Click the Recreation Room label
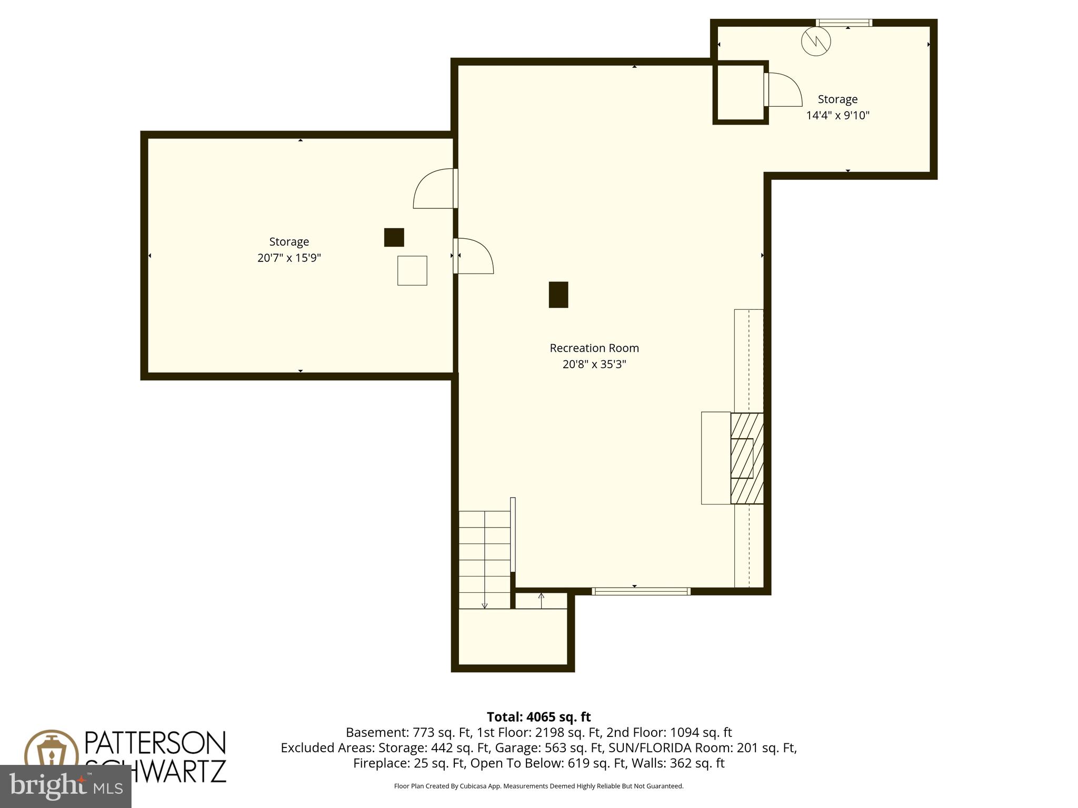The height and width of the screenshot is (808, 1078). tap(594, 348)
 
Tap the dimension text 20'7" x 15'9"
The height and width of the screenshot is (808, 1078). tap(289, 258)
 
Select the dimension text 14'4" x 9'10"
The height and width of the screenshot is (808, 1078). tap(837, 115)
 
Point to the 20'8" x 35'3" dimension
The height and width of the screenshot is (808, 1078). tap(594, 364)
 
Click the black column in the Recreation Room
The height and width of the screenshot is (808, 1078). tap(558, 295)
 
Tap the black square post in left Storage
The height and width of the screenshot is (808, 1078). tap(394, 237)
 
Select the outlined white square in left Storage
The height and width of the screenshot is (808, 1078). tap(412, 270)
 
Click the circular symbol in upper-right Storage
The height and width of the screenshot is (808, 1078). tap(815, 41)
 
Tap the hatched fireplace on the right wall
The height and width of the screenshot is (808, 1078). tap(746, 458)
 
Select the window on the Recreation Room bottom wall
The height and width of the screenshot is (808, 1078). tap(641, 591)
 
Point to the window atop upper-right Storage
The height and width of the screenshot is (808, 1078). tap(844, 23)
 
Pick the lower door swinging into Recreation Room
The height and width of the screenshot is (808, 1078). tap(473, 256)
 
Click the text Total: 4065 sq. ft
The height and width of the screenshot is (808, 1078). tap(538, 717)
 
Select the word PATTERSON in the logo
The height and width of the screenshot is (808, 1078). tap(155, 743)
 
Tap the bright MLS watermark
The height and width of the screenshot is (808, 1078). tap(66, 785)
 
